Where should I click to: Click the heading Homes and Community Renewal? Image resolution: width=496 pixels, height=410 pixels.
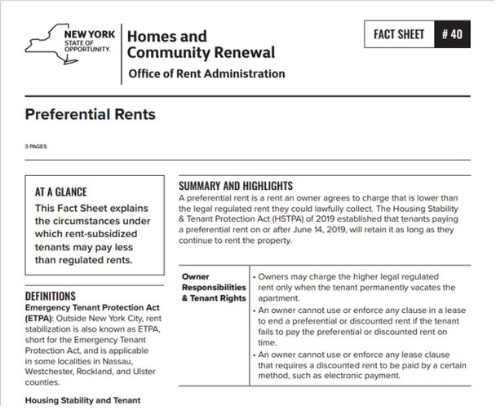coord(199,45)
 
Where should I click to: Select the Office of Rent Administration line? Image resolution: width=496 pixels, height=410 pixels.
coord(206,74)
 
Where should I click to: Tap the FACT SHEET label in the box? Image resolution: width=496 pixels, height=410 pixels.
coord(400,34)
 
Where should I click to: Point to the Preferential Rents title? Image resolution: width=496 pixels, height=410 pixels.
coord(90,114)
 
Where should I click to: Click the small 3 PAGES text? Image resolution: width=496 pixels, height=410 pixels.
coord(37,148)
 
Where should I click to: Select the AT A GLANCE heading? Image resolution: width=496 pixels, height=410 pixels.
coord(61,193)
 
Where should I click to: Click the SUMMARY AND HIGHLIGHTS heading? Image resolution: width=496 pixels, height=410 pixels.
coord(235,187)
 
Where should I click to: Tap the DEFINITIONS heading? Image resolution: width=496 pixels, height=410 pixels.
coord(50,296)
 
